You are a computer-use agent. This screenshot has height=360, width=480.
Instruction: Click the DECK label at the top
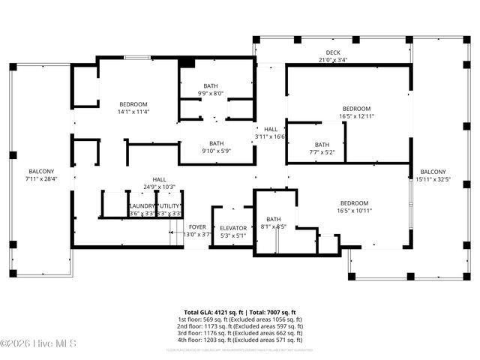pos(333,52)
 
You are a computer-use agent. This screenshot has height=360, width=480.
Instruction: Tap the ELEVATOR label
pos(233,228)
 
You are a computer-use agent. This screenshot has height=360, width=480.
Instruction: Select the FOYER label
pos(197,226)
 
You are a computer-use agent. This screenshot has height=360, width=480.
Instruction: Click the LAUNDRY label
pos(142,205)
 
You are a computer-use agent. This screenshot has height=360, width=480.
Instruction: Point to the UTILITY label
pos(169,205)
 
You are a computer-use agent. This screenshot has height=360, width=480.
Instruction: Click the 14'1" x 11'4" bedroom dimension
pos(133,112)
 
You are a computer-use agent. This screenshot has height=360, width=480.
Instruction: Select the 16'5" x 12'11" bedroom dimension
pos(356,116)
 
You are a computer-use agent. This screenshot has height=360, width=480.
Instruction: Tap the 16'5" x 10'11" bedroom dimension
pos(354,211)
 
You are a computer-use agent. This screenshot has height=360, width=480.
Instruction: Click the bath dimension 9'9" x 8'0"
pos(211,94)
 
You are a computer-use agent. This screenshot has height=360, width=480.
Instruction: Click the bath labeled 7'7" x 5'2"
pos(322,152)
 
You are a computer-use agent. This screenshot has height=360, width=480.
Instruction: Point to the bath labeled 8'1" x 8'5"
pos(273,226)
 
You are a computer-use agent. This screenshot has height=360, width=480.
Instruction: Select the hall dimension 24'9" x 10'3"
pos(159,187)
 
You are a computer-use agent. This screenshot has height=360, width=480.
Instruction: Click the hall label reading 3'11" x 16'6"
pos(270,136)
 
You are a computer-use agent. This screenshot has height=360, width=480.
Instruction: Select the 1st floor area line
pos(239,319)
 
